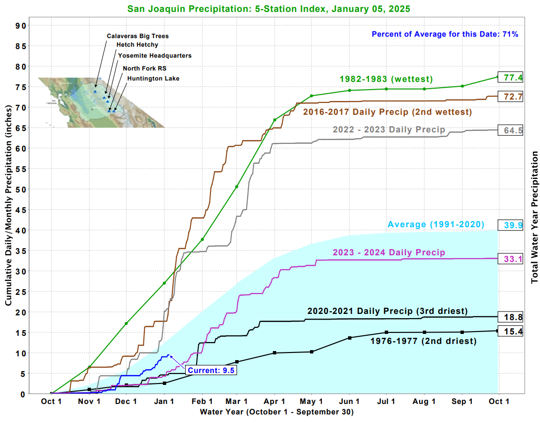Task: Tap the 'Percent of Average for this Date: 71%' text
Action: [445, 34]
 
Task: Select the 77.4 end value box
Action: [510, 77]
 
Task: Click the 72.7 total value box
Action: [510, 96]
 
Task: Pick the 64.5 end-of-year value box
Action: [510, 130]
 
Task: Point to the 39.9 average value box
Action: [510, 225]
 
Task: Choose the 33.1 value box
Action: [510, 259]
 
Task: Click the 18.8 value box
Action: [510, 317]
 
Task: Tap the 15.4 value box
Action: [510, 331]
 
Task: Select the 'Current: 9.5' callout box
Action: [211, 370]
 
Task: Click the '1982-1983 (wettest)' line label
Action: [386, 79]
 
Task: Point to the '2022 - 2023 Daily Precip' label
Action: [389, 130]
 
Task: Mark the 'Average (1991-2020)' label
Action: [436, 224]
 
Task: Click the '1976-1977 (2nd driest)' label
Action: [423, 341]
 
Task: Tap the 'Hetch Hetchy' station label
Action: [137, 45]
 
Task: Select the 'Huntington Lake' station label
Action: [153, 79]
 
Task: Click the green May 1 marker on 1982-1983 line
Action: [311, 96]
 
